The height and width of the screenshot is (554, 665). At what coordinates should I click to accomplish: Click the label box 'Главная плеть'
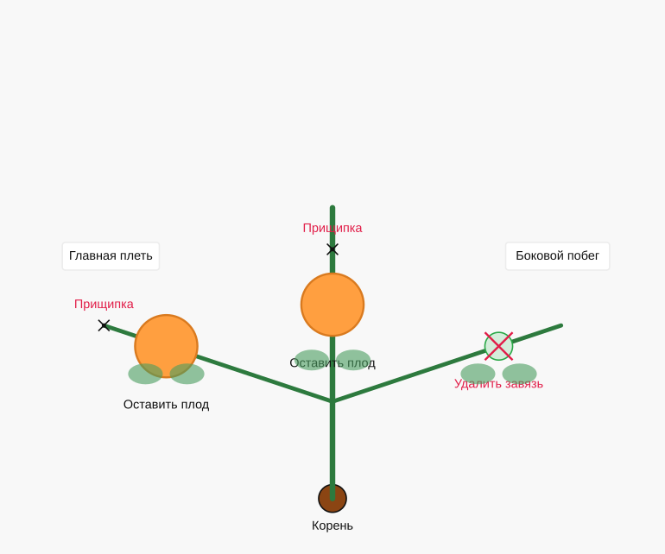[x=111, y=256]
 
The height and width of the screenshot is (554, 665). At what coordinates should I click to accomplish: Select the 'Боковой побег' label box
[x=557, y=256]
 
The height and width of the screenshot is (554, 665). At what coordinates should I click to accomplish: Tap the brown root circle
[x=332, y=499]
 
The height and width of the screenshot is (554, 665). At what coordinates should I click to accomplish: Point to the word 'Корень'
[x=332, y=526]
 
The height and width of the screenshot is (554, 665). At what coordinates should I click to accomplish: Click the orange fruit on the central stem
[x=332, y=305]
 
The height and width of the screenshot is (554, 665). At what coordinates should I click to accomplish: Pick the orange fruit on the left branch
[x=166, y=346]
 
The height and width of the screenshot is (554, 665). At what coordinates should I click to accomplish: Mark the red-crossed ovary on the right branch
[x=499, y=346]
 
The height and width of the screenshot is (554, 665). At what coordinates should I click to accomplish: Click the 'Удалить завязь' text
[x=499, y=384]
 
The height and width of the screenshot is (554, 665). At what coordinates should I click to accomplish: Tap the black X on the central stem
[x=332, y=249]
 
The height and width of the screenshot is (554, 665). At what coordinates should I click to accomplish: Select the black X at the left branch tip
[x=104, y=325]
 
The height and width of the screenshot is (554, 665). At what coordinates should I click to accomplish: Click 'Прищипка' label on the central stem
[x=332, y=228]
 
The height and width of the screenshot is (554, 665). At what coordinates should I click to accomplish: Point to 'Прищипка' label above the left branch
[x=104, y=304]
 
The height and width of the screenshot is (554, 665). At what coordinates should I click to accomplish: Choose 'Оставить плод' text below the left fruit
[x=166, y=405]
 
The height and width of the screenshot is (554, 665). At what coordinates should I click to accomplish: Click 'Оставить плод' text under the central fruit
[x=332, y=362]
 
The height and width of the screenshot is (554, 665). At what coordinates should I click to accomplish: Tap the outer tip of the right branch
[x=561, y=325]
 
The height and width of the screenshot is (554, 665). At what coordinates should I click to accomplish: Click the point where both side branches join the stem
[x=332, y=401]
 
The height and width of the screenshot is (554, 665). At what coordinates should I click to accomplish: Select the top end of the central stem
[x=332, y=208]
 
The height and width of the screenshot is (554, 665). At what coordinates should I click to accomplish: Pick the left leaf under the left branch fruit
[x=145, y=374]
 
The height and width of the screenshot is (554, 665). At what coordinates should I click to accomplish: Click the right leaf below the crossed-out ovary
[x=520, y=374]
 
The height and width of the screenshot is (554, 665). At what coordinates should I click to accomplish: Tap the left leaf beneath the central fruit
[x=312, y=360]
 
